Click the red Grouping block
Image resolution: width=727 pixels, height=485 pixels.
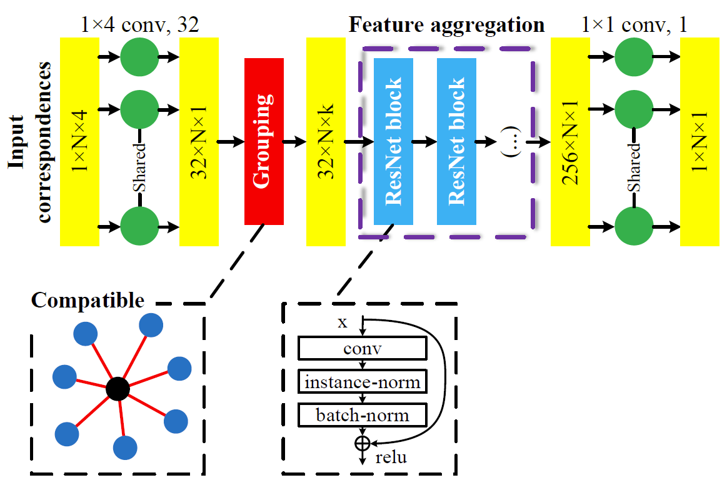[264, 141]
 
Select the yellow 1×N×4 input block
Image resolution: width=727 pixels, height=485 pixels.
[79, 141]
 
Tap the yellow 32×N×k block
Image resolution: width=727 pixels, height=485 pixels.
[326, 141]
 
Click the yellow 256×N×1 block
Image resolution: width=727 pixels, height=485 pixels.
[570, 141]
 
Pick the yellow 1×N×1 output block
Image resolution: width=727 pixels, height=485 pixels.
[699, 141]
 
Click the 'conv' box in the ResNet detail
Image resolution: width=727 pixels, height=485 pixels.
[363, 349]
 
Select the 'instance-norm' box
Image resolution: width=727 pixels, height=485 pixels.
[363, 382]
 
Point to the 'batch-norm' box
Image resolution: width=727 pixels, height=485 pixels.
[363, 415]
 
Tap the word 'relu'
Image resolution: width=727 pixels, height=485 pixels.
[391, 457]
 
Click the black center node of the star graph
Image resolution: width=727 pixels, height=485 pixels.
[118, 389]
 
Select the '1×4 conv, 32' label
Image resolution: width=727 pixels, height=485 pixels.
[140, 26]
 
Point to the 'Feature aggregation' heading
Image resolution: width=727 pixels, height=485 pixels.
[446, 26]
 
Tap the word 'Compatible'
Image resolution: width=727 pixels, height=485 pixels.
[88, 301]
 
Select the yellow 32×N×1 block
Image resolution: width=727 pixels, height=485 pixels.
[199, 141]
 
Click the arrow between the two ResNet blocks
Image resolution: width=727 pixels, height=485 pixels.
[425, 142]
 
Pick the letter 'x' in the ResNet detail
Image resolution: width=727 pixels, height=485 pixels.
[342, 322]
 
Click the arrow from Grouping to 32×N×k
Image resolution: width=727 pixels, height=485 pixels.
[294, 142]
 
